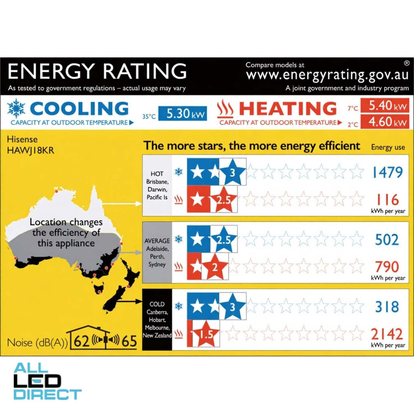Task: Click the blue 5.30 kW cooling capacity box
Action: (x=183, y=114)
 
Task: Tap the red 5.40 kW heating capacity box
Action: (x=385, y=106)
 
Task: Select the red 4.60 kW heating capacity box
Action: (x=385, y=122)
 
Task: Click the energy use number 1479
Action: (x=387, y=172)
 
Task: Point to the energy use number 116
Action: (x=387, y=199)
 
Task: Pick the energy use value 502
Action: (x=387, y=240)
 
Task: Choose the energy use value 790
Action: (x=387, y=266)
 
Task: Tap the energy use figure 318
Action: (x=387, y=307)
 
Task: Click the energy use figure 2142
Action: (x=387, y=334)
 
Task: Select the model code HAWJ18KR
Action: (x=30, y=150)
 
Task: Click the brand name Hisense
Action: (x=22, y=139)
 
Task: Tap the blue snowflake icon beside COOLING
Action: (x=16, y=109)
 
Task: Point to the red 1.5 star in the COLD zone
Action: (x=206, y=334)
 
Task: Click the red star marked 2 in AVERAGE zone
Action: (x=215, y=267)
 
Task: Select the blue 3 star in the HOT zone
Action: (x=232, y=172)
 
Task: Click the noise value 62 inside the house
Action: (x=81, y=341)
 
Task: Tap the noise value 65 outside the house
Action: (x=129, y=341)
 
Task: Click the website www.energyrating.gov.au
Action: (x=327, y=75)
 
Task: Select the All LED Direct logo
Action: (x=47, y=381)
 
